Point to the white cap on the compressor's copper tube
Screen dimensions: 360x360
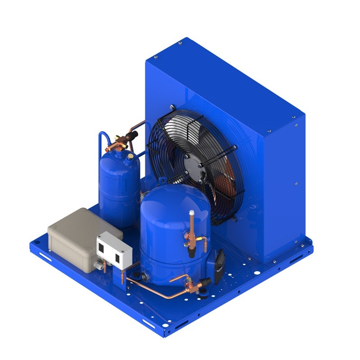click(192, 212)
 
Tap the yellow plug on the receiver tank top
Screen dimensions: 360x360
click(130, 156)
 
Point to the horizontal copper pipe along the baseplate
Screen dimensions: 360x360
click(153, 288)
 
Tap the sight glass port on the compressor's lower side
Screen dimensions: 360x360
click(145, 275)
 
